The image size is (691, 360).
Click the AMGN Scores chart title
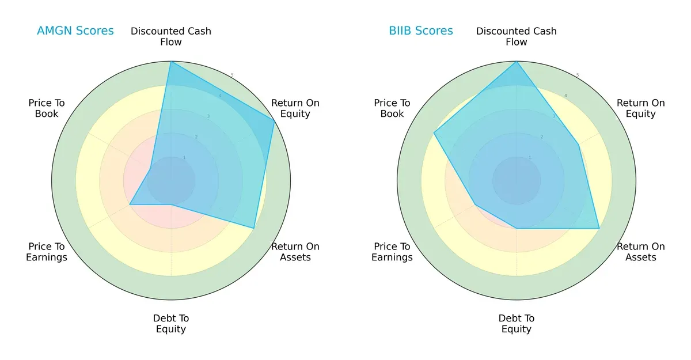tap(75, 31)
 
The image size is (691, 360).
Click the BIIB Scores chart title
tap(420, 31)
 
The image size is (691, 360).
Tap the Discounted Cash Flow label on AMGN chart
tap(171, 36)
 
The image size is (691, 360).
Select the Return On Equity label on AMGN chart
tap(295, 108)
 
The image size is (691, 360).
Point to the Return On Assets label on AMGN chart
tap(295, 252)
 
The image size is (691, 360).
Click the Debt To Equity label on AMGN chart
tap(171, 324)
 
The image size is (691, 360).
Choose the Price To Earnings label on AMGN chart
tap(47, 252)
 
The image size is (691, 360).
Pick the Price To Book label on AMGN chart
tap(47, 108)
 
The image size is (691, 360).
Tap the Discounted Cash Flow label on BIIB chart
tap(517, 36)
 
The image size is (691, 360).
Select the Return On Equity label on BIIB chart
tap(641, 108)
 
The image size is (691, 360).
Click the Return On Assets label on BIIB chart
tap(641, 252)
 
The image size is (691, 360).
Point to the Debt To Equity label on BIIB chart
tap(517, 324)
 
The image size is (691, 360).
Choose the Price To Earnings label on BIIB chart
tap(392, 252)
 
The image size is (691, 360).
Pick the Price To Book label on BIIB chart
tap(392, 108)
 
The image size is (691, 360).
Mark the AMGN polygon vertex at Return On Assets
tap(254, 228)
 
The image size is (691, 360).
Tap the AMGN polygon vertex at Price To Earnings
tap(130, 204)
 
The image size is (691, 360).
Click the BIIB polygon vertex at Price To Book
tap(434, 133)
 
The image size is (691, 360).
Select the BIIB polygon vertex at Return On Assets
tap(599, 228)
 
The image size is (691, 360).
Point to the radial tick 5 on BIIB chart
tap(578, 75)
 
